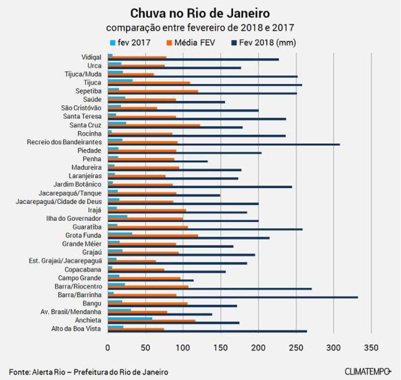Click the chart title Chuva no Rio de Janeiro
(x=200, y=12)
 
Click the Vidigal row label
(x=91, y=57)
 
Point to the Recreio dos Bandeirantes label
(x=64, y=142)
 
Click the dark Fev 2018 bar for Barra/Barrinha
(x=233, y=297)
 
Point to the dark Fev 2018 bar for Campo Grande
(x=151, y=280)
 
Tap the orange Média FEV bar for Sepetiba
(x=153, y=91)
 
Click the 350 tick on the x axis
(x=371, y=346)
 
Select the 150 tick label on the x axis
(x=221, y=346)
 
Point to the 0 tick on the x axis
(x=108, y=346)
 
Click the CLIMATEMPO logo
(x=367, y=371)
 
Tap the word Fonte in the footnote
(x=19, y=372)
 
